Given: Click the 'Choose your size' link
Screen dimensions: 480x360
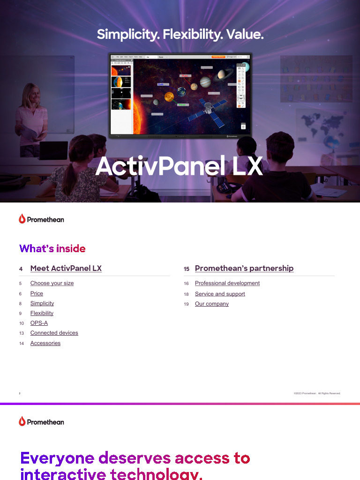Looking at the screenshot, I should pos(52,283).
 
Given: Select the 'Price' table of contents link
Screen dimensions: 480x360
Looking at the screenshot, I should pos(37,293).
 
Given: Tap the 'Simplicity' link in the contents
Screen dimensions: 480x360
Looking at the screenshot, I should pos(42,303).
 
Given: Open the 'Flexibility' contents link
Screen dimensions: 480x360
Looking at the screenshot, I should pos(42,313).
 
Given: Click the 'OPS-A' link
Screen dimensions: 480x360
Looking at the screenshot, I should pos(39,323).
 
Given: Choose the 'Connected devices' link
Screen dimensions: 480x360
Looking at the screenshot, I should pos(54,333).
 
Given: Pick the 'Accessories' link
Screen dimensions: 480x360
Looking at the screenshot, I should pos(45,343).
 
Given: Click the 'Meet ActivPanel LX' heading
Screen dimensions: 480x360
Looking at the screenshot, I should pos(66,269).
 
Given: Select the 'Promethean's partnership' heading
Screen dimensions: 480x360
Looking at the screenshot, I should pos(244,269).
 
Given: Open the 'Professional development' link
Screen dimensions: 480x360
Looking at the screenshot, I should pos(227,283).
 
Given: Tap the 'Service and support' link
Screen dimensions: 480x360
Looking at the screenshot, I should pos(220,294).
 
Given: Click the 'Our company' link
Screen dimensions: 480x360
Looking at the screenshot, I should pos(212,304).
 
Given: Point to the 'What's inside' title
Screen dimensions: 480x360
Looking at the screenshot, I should pos(52,248).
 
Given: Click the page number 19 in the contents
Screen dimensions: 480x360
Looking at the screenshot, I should pos(186,304).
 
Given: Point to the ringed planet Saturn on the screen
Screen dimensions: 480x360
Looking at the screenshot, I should pos(222,74).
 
